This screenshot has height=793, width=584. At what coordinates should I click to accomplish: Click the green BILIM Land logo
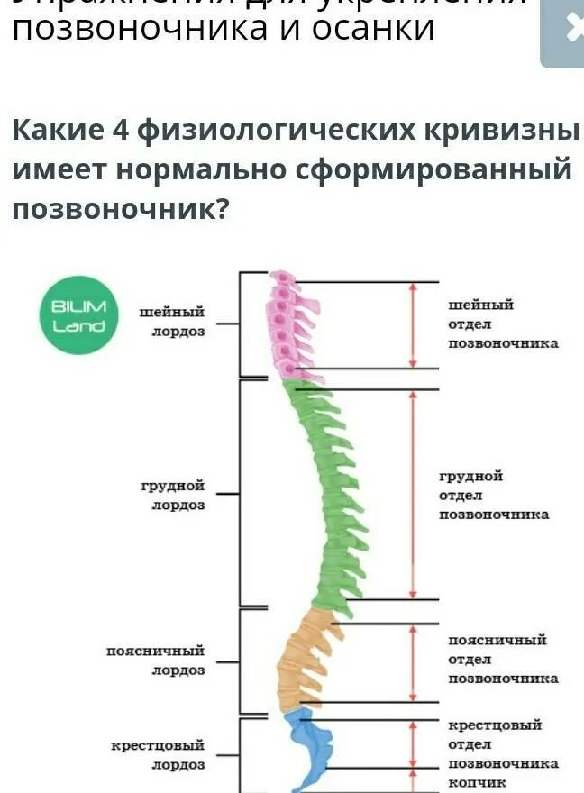[78, 315]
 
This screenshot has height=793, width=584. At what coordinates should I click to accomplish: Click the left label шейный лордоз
[172, 322]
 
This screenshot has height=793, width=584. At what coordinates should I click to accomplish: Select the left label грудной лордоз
[172, 495]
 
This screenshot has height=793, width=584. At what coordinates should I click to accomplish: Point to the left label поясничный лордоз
[156, 660]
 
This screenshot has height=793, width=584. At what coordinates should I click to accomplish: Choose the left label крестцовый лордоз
[158, 755]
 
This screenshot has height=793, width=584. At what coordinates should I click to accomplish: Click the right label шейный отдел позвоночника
[502, 324]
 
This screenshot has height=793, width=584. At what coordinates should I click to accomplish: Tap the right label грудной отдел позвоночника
[493, 495]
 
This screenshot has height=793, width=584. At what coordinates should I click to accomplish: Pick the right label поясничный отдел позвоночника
[502, 659]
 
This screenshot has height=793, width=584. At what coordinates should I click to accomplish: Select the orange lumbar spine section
[302, 658]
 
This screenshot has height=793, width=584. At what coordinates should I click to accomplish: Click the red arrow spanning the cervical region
[413, 325]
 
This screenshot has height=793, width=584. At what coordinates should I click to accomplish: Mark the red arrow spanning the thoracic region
[413, 494]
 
